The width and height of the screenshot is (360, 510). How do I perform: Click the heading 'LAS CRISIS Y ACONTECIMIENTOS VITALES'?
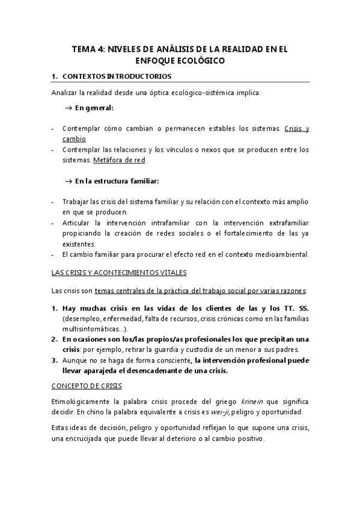118,272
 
